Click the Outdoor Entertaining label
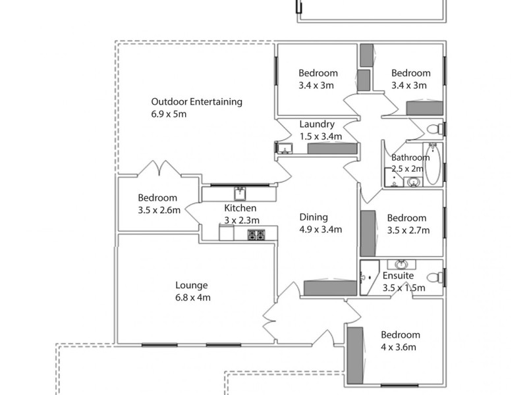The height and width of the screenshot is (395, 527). tap(196, 102)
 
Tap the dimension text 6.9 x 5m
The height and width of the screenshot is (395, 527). tap(169, 114)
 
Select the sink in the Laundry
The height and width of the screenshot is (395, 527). tap(285, 149)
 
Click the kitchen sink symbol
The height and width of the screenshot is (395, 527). tap(240, 193)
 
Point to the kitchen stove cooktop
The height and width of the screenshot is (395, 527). tap(256, 234)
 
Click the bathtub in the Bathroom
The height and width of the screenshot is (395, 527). tap(433, 165)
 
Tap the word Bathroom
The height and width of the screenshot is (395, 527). tap(411, 157)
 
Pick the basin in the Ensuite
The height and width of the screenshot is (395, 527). tap(401, 264)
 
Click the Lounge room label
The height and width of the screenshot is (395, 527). tap(191, 285)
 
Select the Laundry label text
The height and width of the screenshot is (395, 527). tap(317, 124)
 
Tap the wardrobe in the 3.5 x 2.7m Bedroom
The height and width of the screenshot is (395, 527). tap(368, 233)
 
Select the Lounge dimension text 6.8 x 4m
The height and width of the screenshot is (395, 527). tap(192, 297)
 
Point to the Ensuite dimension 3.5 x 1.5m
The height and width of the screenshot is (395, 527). tap(403, 288)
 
